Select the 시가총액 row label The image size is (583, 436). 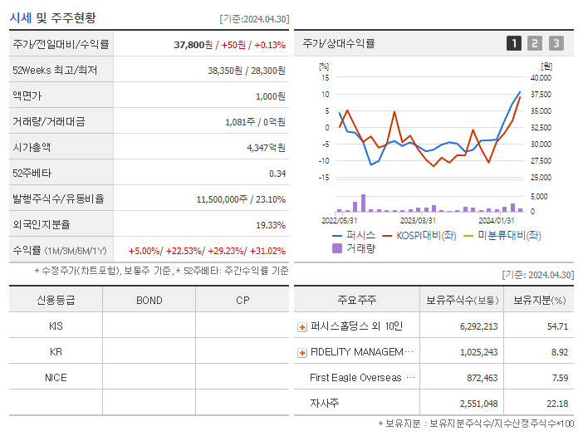click(x=32, y=147)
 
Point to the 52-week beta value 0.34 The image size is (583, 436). click(x=277, y=174)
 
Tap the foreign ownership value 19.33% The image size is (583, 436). click(x=271, y=224)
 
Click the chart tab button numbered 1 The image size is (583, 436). click(x=514, y=44)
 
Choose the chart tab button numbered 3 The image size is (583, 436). click(x=556, y=44)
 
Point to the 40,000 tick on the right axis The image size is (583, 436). click(x=540, y=78)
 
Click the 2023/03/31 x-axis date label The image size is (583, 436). click(x=418, y=221)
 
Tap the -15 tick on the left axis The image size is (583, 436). click(x=325, y=178)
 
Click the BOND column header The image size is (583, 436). click(x=149, y=300)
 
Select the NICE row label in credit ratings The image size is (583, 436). click(x=56, y=377)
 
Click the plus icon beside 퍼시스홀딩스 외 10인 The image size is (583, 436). click(x=302, y=326)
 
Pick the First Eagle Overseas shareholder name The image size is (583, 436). click(x=355, y=378)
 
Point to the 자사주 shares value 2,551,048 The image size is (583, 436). click(x=478, y=404)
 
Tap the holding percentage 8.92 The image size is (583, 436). click(x=558, y=352)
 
